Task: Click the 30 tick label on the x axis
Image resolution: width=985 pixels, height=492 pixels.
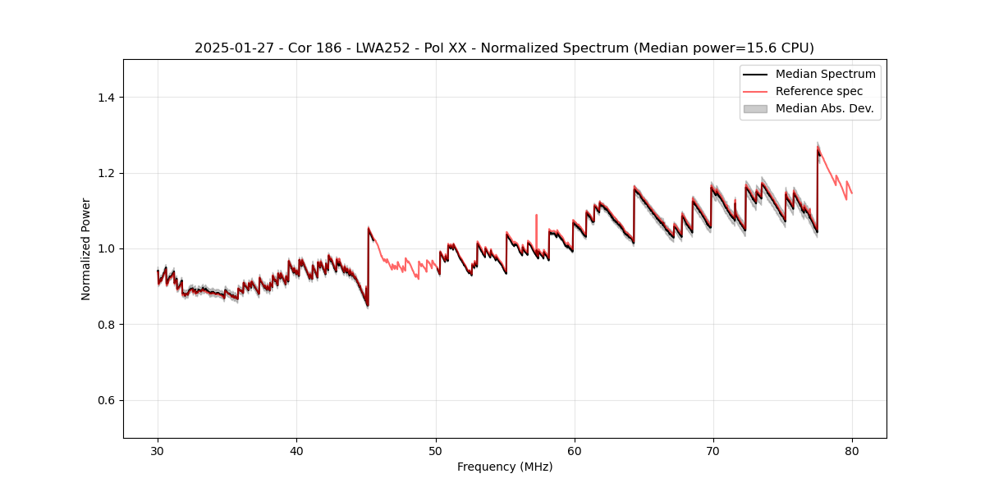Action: (x=158, y=450)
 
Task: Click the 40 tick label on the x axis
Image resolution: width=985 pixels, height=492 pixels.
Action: (x=296, y=450)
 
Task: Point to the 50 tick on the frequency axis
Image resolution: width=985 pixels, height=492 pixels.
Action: (x=436, y=450)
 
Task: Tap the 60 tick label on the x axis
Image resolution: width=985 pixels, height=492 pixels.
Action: (x=575, y=450)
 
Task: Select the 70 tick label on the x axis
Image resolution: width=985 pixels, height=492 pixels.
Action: (x=713, y=450)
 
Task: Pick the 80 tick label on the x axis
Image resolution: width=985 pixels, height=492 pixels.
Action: (x=852, y=450)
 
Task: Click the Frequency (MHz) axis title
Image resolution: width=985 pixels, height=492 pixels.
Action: (x=505, y=467)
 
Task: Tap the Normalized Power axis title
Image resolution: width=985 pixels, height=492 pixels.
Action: (x=86, y=248)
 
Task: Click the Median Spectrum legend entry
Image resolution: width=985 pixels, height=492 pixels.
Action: (x=825, y=74)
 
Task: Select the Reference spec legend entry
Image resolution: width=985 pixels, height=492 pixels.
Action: (x=819, y=91)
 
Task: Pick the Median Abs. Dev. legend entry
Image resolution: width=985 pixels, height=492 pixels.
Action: (x=824, y=108)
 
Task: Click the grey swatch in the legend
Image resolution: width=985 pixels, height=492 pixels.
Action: (x=755, y=108)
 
